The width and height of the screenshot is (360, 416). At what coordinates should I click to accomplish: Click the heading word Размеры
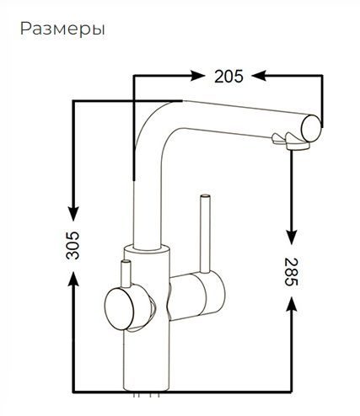(62, 29)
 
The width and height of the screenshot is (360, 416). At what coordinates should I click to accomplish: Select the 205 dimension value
(228, 77)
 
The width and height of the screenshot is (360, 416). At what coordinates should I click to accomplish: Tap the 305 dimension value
(73, 245)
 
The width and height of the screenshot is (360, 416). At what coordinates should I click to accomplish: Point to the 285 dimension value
(291, 272)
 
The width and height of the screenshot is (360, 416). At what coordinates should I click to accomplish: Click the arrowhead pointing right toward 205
(197, 76)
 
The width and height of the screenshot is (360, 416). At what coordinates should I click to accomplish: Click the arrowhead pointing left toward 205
(259, 76)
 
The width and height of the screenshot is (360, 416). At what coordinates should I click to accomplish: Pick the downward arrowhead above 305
(73, 214)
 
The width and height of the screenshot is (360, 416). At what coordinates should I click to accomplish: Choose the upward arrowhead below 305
(73, 279)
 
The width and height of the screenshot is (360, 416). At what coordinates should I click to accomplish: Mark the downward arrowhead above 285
(292, 237)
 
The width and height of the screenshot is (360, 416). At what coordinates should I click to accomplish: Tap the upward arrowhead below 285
(292, 303)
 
